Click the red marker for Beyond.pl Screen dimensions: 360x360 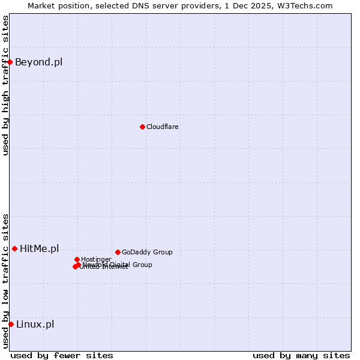[10, 62]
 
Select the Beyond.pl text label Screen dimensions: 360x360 [38, 62]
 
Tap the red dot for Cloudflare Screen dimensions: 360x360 [142, 127]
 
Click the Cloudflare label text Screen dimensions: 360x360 [163, 127]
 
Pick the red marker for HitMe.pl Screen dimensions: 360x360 [14, 248]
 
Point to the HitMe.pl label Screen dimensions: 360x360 [40, 248]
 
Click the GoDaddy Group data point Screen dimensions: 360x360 [118, 252]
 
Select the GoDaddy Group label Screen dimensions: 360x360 [147, 252]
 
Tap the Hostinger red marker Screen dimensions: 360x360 [77, 259]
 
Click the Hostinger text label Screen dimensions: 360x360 [96, 259]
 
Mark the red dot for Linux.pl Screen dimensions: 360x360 [11, 324]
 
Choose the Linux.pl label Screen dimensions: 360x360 [35, 324]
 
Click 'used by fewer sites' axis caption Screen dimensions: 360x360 [62, 355]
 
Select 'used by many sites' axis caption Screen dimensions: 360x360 [301, 355]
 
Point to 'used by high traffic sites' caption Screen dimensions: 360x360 [5, 85]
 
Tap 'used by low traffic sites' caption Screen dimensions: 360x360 [5, 281]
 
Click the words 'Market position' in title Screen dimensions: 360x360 [55, 5]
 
